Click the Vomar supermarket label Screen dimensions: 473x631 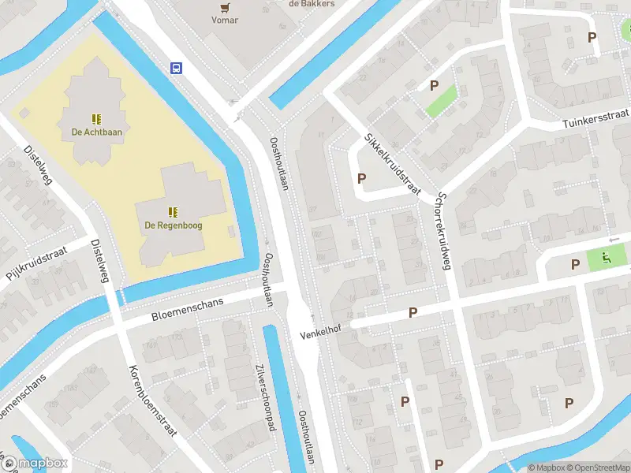225,20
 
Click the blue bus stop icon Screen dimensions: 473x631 177,68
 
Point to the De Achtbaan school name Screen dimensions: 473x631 96,132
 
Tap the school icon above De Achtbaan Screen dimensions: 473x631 96,119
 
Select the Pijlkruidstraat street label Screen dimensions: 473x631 36,263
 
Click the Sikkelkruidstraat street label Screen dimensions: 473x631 393,163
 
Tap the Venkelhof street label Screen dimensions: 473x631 319,333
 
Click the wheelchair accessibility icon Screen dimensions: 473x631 607,256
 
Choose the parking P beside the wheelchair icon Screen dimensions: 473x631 575,264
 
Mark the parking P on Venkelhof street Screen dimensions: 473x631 413,313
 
